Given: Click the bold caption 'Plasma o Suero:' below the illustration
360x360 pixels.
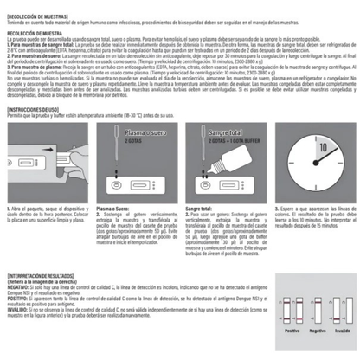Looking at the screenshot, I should point(112,209).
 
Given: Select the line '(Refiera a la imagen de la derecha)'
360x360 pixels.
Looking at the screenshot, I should point(40,280).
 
